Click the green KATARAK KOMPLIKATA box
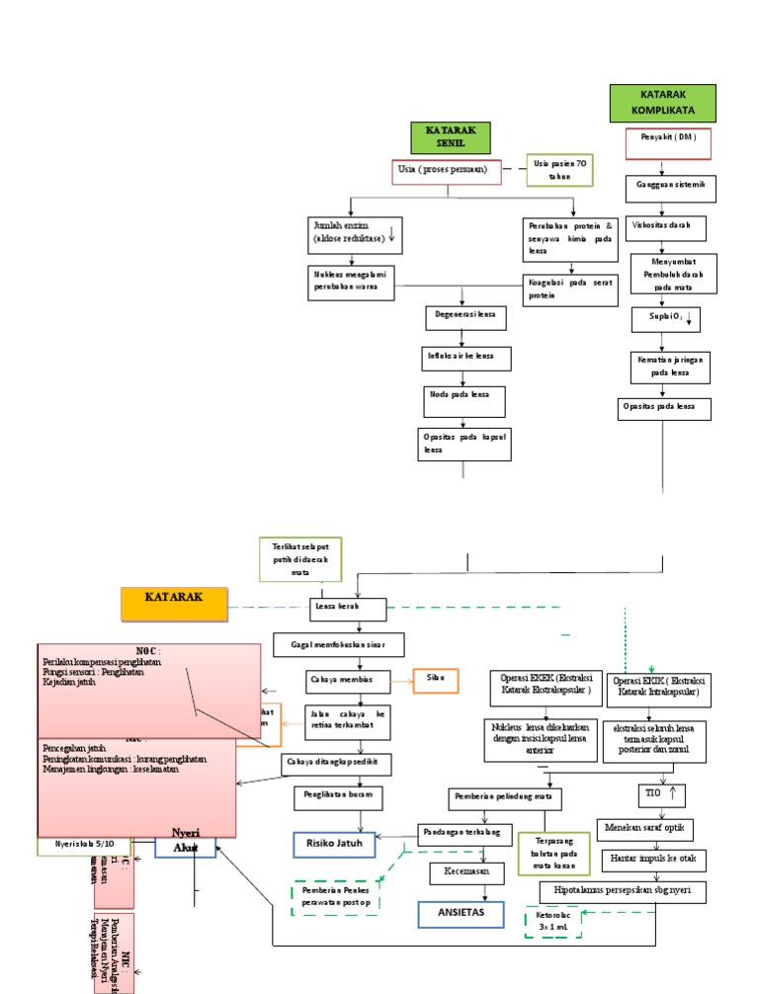click(x=662, y=104)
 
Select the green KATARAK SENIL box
click(x=451, y=137)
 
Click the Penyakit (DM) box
click(x=662, y=142)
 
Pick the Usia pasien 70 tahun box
click(x=559, y=169)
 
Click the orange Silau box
click(x=436, y=680)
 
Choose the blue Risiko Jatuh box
click(x=335, y=845)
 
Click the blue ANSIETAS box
click(x=461, y=913)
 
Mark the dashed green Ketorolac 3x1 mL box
click(x=560, y=921)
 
